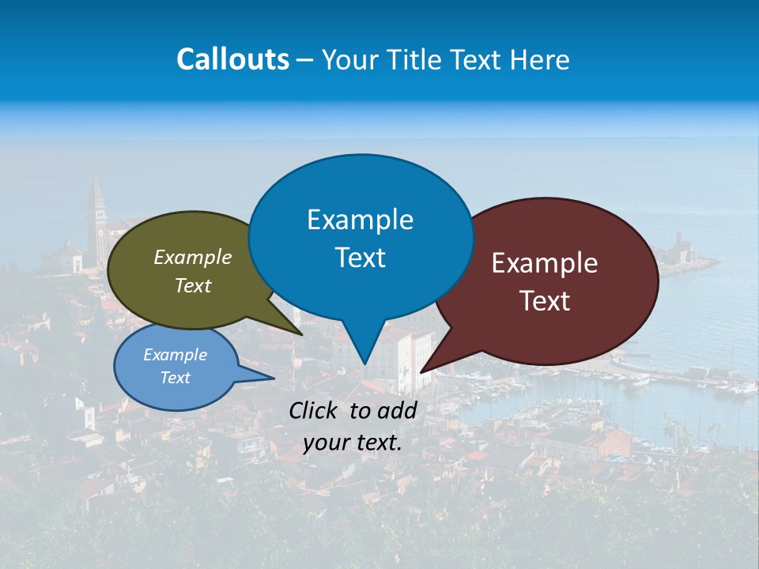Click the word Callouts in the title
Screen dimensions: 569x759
(232, 59)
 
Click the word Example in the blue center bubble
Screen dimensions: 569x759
(360, 219)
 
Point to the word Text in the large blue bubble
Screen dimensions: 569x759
(360, 257)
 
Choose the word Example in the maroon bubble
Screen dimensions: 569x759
(545, 263)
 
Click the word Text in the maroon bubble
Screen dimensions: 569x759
(545, 300)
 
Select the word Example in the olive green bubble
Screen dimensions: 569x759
(193, 257)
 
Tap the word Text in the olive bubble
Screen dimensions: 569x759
(193, 285)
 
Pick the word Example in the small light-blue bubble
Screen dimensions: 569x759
(175, 355)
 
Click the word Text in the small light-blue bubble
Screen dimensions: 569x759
(175, 378)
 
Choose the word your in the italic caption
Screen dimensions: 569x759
(324, 443)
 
